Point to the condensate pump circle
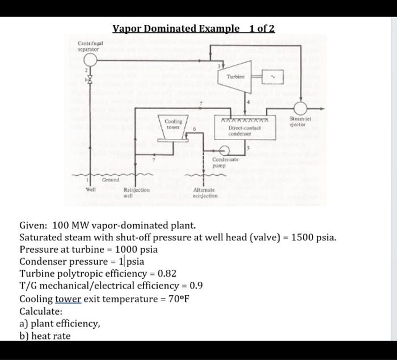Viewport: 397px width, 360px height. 225,150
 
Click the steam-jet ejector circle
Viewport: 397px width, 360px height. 299,109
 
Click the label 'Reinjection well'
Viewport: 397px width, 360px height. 136,193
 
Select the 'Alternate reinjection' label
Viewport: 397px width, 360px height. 205,193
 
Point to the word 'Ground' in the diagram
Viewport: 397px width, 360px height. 110,179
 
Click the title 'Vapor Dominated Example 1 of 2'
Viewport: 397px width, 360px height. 193,28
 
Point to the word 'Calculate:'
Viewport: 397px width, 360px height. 41,311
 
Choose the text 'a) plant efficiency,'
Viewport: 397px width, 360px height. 60,324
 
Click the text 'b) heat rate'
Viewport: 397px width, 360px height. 45,336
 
